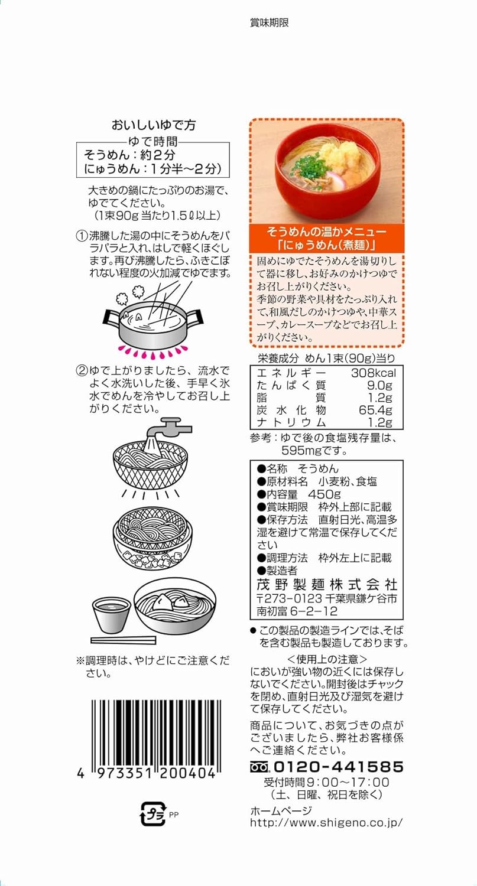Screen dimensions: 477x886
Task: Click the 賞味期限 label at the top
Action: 269,23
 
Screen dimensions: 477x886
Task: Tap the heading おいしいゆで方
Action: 154,125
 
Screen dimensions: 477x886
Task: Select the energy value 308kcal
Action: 374,373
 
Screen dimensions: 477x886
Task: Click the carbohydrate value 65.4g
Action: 375,410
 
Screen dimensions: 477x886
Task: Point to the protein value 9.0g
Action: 379,385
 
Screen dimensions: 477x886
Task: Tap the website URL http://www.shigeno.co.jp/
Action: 327,823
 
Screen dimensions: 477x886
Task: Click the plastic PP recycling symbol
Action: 153,814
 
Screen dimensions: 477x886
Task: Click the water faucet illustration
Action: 168,429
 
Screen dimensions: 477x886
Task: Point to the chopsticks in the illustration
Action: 123,640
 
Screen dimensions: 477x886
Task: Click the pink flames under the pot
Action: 152,351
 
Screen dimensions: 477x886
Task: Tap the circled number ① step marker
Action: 81,236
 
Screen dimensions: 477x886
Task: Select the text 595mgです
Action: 314,451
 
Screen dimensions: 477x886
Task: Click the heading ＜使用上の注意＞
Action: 327,659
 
